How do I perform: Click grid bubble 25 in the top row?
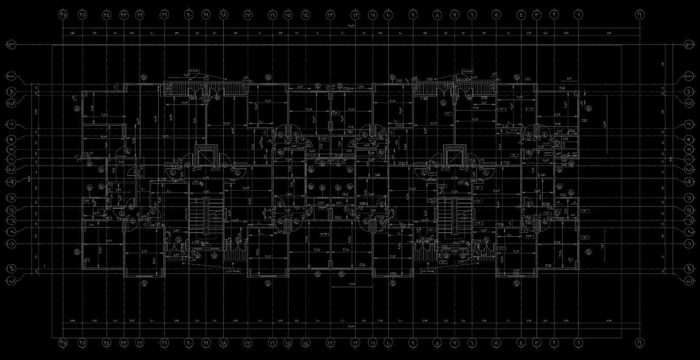pyautogui.click(x=82, y=15)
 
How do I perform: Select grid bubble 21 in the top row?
pyautogui.click(x=164, y=15)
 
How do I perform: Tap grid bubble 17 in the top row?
pyautogui.click(x=247, y=15)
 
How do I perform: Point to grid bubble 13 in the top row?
pyautogui.click(x=330, y=15)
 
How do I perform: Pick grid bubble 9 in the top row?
pyautogui.click(x=413, y=15)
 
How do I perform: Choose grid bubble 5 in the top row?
pyautogui.click(x=496, y=15)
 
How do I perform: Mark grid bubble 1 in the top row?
pyautogui.click(x=578, y=15)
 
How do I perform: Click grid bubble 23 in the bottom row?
pyautogui.click(x=124, y=342)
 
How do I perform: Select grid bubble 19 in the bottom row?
pyautogui.click(x=206, y=342)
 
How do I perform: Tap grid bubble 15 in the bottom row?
pyautogui.click(x=288, y=342)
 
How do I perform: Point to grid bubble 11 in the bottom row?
pyautogui.click(x=372, y=342)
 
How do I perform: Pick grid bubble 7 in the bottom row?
pyautogui.click(x=455, y=342)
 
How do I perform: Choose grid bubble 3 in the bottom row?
pyautogui.click(x=537, y=342)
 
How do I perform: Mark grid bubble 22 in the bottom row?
pyautogui.click(x=140, y=342)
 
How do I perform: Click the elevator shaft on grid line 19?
pyautogui.click(x=206, y=155)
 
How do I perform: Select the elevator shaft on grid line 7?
pyautogui.click(x=455, y=155)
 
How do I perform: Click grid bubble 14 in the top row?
pyautogui.click(x=306, y=15)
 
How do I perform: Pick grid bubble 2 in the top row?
pyautogui.click(x=555, y=15)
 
